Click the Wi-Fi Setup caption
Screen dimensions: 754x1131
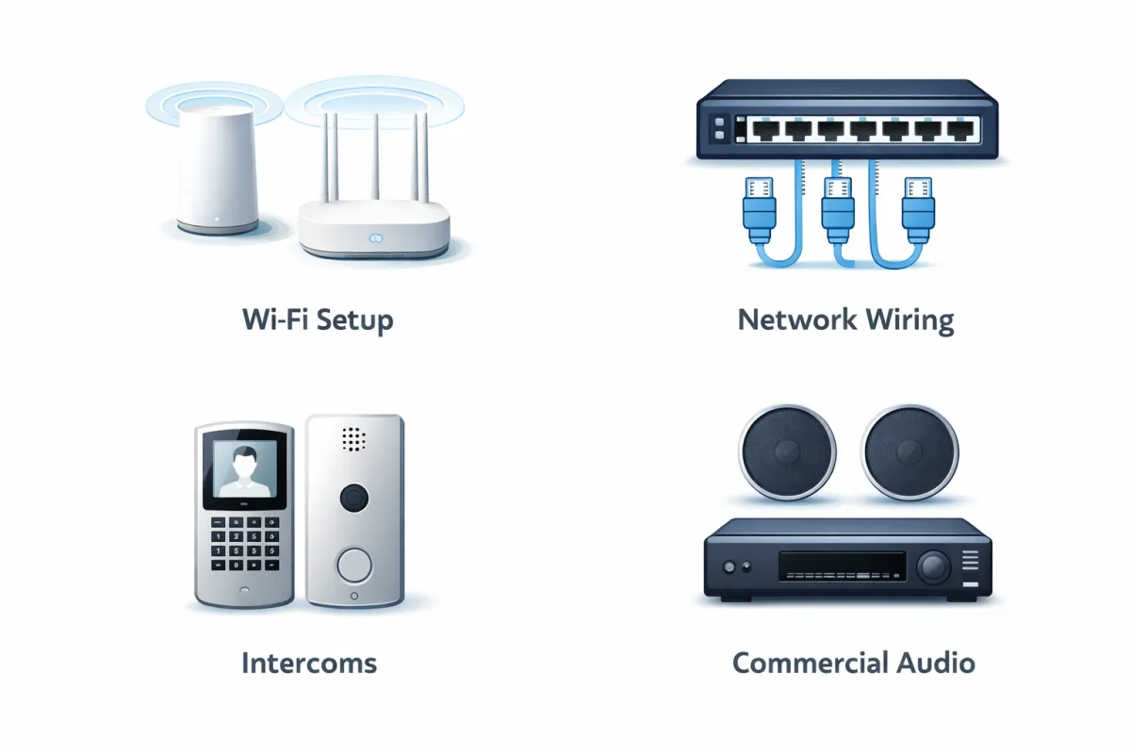point(317,320)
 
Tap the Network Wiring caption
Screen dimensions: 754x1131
point(845,320)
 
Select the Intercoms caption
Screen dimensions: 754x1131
point(309,663)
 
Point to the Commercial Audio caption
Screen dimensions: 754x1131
point(853,663)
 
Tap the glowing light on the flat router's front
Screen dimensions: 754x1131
point(374,239)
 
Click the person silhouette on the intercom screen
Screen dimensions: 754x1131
point(245,467)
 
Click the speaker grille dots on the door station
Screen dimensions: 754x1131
point(353,438)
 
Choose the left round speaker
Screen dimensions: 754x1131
point(787,451)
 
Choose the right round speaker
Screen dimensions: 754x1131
point(910,451)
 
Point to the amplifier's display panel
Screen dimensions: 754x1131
point(842,565)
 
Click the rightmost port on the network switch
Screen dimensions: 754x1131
point(959,129)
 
